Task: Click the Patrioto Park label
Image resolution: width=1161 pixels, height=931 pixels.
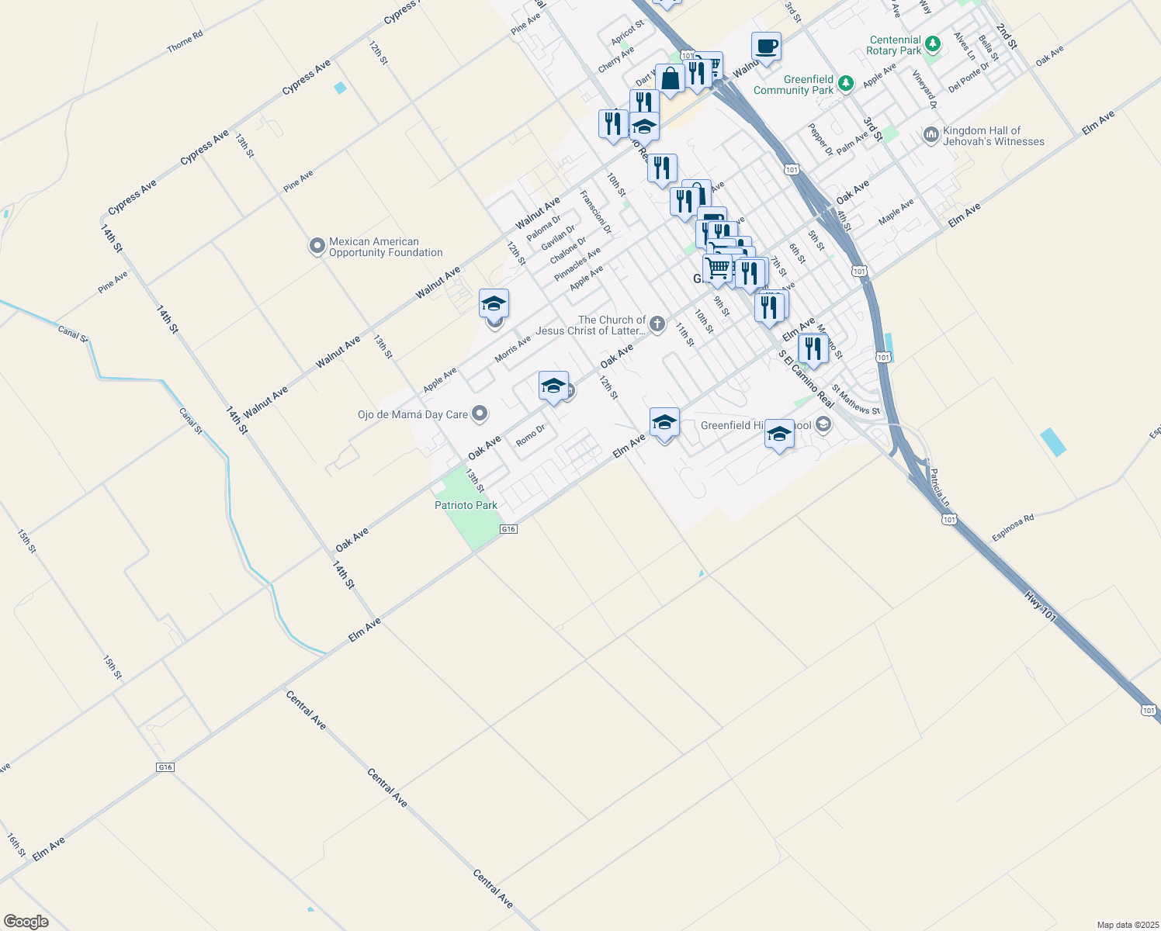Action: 466,505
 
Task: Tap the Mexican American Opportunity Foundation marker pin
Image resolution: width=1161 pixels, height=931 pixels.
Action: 317,247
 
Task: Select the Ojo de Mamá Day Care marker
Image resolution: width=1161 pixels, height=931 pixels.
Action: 480,414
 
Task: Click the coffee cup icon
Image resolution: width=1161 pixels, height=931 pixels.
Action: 766,47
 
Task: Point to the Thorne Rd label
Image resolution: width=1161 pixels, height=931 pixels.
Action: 185,41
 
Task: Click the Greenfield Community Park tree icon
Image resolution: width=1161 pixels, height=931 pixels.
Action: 846,83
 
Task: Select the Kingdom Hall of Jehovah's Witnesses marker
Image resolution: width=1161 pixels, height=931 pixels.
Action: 931,136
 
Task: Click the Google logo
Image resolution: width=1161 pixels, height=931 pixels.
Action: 26,922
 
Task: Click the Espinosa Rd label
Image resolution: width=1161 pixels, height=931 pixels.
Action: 1013,528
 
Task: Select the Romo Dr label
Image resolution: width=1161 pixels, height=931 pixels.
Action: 531,435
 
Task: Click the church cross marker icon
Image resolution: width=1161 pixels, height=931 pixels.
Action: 657,324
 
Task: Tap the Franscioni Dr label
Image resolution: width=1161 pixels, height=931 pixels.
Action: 596,213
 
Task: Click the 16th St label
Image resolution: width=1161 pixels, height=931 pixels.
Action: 16,845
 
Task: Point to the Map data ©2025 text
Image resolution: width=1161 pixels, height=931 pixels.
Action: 1127,925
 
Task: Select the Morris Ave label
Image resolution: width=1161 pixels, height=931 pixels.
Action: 513,349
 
